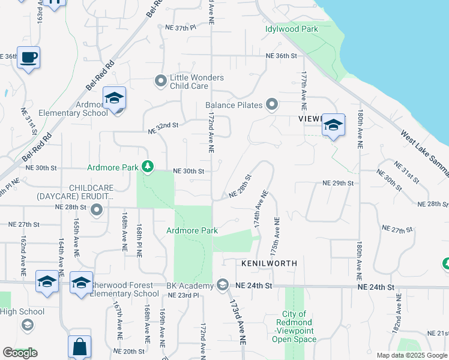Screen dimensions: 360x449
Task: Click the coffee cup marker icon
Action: pyautogui.click(x=28, y=58)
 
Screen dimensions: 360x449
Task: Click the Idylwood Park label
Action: pyautogui.click(x=292, y=28)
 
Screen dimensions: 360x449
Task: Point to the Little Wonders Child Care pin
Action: pyautogui.click(x=160, y=80)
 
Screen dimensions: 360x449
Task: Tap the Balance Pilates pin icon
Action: pyautogui.click(x=272, y=105)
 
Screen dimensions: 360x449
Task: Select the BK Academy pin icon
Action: pyautogui.click(x=223, y=284)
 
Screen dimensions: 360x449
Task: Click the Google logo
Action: pyautogui.click(x=20, y=353)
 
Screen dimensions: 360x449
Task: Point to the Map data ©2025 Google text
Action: pyautogui.click(x=411, y=355)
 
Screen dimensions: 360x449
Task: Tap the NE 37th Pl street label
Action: pyautogui.click(x=181, y=28)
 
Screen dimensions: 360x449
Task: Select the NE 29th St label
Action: pyautogui.click(x=338, y=182)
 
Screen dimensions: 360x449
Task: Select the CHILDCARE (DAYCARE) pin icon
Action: pyautogui.click(x=97, y=210)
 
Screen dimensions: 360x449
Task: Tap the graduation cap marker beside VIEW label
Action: pyautogui.click(x=333, y=125)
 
